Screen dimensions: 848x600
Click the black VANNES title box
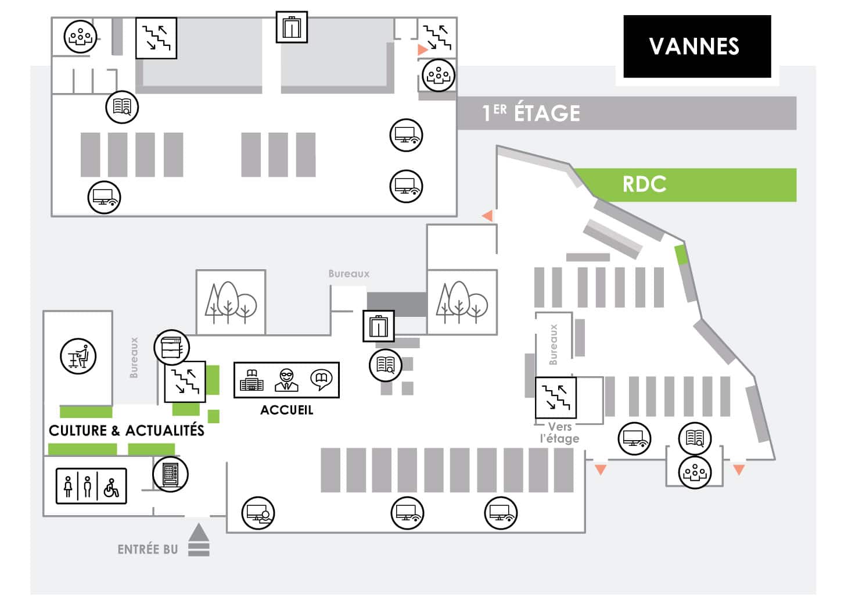pyautogui.click(x=697, y=47)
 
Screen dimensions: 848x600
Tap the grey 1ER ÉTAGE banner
pyautogui.click(x=627, y=113)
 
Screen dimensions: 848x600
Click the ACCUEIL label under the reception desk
pyautogui.click(x=286, y=410)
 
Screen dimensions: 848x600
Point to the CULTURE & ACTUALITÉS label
pyautogui.click(x=127, y=430)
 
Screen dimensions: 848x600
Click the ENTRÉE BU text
pyautogui.click(x=148, y=549)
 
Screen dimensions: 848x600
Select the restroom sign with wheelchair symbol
pyautogui.click(x=91, y=486)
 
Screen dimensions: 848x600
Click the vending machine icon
pyautogui.click(x=170, y=474)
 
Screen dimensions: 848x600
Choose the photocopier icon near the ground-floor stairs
pyautogui.click(x=171, y=347)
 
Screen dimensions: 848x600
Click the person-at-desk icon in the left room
pyautogui.click(x=78, y=356)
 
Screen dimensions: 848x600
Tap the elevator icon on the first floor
pyautogui.click(x=292, y=27)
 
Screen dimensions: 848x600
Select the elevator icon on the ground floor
pyautogui.click(x=379, y=326)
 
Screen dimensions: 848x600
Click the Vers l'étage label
pyautogui.click(x=559, y=433)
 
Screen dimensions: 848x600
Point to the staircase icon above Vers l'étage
pyautogui.click(x=556, y=397)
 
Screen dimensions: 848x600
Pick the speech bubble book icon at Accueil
pyautogui.click(x=321, y=380)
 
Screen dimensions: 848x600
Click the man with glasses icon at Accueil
pyautogui.click(x=286, y=380)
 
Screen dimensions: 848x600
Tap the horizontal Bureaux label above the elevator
pyautogui.click(x=348, y=274)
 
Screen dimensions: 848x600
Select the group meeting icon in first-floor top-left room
pyautogui.click(x=80, y=37)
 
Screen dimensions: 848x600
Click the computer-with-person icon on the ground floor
pyautogui.click(x=258, y=513)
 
